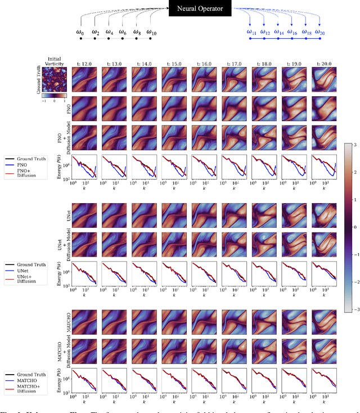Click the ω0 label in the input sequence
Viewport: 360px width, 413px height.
[80, 33]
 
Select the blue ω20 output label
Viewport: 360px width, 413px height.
[319, 33]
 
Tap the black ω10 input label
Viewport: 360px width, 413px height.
[151, 33]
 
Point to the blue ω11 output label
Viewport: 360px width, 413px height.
[251, 33]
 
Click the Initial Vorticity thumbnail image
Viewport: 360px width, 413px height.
[54, 79]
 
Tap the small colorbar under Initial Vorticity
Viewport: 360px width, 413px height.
[54, 95]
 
